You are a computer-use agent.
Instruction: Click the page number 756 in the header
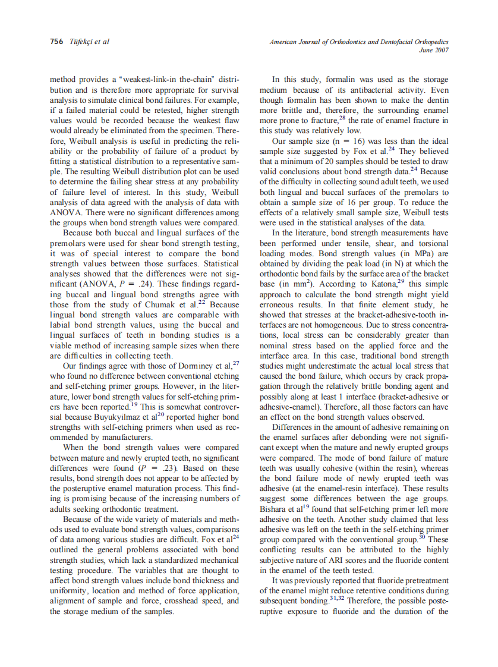[x=56, y=42]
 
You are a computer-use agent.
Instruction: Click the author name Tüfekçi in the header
[x=82, y=42]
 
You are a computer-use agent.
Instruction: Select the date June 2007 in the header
[x=434, y=50]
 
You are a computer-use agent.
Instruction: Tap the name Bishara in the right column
[x=275, y=509]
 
